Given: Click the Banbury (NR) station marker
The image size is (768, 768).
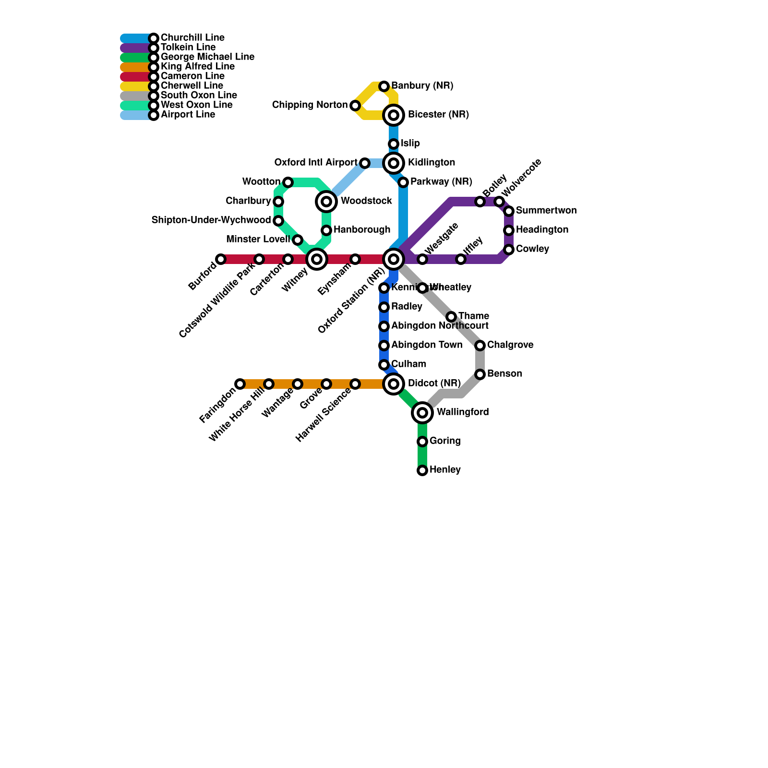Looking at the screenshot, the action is pyautogui.click(x=384, y=86).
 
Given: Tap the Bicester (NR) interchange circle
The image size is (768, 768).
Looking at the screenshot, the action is pyautogui.click(x=394, y=115).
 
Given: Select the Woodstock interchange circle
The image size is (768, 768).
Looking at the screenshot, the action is pyautogui.click(x=326, y=202).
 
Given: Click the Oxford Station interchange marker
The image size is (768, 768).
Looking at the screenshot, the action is pyautogui.click(x=394, y=259).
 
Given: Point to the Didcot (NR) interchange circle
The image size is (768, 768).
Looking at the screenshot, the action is pyautogui.click(x=394, y=384).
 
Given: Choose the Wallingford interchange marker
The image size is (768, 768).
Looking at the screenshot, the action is pyautogui.click(x=422, y=413).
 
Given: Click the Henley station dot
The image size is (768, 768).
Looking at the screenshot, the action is pyautogui.click(x=422, y=470).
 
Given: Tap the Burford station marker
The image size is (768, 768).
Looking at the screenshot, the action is pyautogui.click(x=221, y=259).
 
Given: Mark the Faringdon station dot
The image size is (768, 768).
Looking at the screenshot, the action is pyautogui.click(x=240, y=384).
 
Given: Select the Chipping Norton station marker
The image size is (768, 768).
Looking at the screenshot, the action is pyautogui.click(x=355, y=106).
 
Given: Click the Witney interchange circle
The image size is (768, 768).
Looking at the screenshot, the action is pyautogui.click(x=317, y=259).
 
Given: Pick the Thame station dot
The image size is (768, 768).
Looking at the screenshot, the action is pyautogui.click(x=451, y=317).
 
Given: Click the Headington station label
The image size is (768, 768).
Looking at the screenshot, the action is pyautogui.click(x=542, y=230).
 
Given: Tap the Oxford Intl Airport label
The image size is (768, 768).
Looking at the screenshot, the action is pyautogui.click(x=315, y=163).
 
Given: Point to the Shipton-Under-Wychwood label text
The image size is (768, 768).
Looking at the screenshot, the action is pyautogui.click(x=211, y=220).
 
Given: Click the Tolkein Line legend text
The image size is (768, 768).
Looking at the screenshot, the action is pyautogui.click(x=188, y=48).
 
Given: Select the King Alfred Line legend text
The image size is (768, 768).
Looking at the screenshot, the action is pyautogui.click(x=198, y=67).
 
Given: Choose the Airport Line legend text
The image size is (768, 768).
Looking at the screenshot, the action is pyautogui.click(x=188, y=115).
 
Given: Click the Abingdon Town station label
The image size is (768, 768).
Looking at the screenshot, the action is pyautogui.click(x=427, y=345).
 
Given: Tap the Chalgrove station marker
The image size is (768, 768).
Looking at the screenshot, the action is pyautogui.click(x=480, y=346).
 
